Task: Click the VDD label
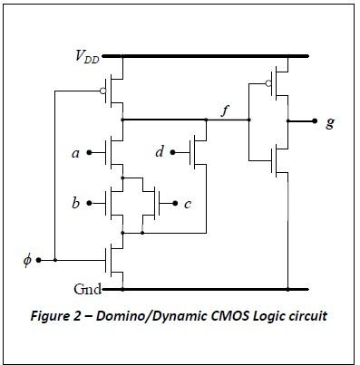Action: click(87, 56)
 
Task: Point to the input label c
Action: click(188, 204)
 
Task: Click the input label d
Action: click(160, 152)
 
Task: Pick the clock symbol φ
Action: click(26, 262)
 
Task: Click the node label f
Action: click(226, 111)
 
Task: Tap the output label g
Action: click(328, 120)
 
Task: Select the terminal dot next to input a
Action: click(90, 153)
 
